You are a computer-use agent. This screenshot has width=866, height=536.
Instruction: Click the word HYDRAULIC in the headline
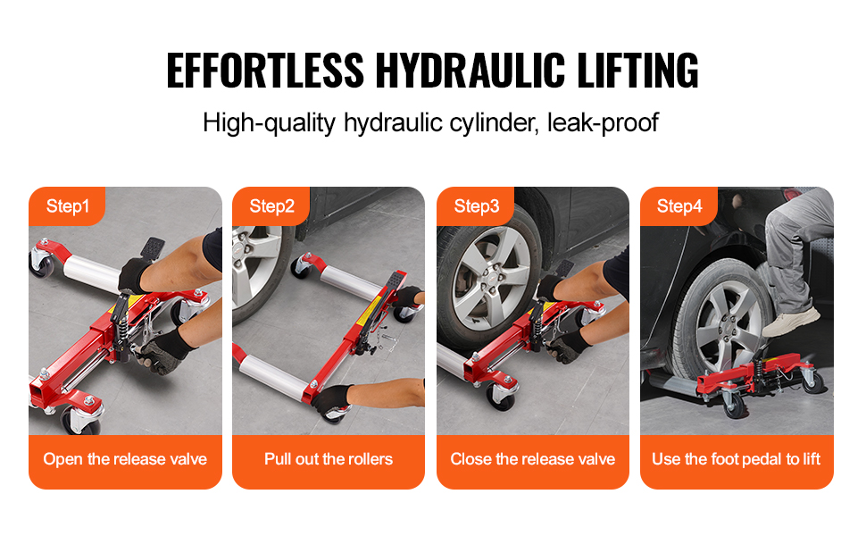pos(470,71)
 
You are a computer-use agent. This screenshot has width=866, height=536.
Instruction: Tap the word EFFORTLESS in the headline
pos(265,71)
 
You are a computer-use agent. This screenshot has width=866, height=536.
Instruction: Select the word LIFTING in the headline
pos(638,71)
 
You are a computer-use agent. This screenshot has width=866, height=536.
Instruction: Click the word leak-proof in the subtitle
pos(603,122)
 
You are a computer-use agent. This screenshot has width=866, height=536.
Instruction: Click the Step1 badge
pos(67,206)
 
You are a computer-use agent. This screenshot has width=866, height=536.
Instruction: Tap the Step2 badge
pos(271,206)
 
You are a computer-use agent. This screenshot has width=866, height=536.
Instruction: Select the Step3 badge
pos(476,206)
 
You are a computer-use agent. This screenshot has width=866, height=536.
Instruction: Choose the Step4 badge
pos(679,206)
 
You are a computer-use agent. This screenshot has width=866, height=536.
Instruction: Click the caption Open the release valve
pos(125,459)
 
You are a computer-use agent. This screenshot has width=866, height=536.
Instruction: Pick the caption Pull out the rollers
pos(329,459)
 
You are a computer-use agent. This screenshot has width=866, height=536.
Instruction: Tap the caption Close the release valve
pos(533,459)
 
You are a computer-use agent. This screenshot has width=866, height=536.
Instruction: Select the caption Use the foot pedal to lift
pos(737,459)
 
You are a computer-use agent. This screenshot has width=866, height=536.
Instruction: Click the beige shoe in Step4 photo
pos(790,322)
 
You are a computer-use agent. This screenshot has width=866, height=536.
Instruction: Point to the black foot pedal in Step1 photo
pos(152,248)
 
